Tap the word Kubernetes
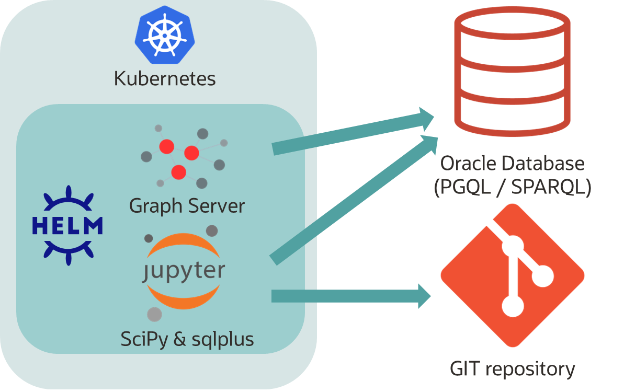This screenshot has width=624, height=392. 165,79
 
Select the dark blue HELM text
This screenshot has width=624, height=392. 67,226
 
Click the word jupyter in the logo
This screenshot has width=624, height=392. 184,272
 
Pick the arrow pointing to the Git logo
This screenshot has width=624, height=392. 350,296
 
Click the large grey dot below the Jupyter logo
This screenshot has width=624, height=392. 154,314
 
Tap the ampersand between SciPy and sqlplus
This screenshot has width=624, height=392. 180,339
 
